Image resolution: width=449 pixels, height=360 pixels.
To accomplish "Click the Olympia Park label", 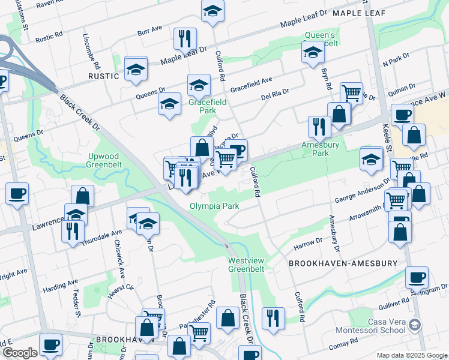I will (214, 206).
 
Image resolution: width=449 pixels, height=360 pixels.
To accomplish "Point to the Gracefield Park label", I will (208, 106).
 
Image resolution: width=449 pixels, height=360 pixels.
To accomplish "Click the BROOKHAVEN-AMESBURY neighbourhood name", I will (343, 263).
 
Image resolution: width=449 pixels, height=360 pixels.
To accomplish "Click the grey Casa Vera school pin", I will (414, 326).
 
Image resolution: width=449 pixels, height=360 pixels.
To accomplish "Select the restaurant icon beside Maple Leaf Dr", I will (185, 39).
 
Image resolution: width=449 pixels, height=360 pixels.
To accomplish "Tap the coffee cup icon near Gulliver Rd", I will (416, 277).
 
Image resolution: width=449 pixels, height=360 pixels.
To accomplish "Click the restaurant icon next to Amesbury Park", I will (319, 126).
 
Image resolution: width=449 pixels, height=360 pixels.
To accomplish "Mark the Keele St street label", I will (386, 134).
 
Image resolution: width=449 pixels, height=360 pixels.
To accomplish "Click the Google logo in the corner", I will (19, 353).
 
